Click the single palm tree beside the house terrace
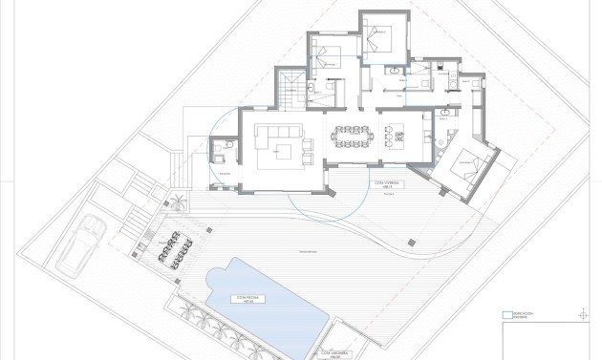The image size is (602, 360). [179, 202]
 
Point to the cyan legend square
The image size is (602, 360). [506, 312]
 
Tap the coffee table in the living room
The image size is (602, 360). [283, 150]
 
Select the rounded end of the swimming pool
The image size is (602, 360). [216, 280]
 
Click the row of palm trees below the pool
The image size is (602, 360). [215, 330]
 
